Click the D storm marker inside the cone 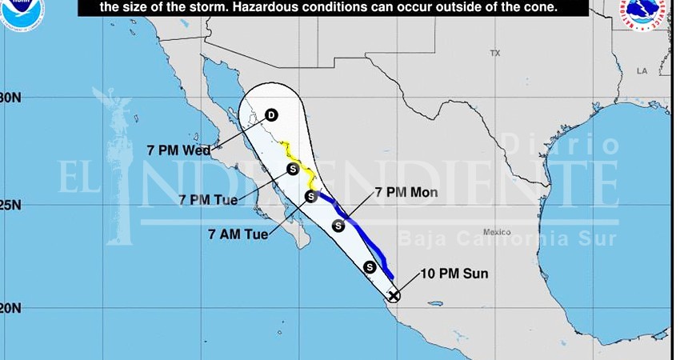click(x=270, y=116)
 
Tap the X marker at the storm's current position click(x=393, y=296)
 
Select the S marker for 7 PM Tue click(x=293, y=169)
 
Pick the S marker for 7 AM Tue click(x=312, y=196)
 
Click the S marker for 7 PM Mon click(x=338, y=226)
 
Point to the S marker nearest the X click(x=370, y=266)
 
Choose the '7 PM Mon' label click(x=403, y=194)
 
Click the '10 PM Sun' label click(x=458, y=274)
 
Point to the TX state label click(x=494, y=53)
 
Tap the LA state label click(x=641, y=71)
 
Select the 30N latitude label click(x=10, y=98)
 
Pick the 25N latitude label click(x=10, y=205)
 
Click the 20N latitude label click(x=10, y=308)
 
